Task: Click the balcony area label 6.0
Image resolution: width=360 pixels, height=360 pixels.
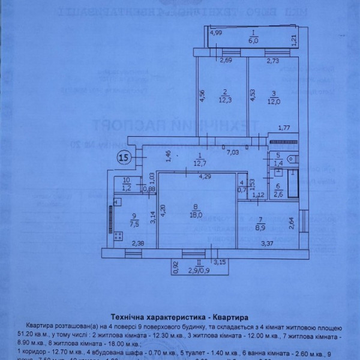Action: (254, 41)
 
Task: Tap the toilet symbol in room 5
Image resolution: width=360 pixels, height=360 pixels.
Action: (291, 159)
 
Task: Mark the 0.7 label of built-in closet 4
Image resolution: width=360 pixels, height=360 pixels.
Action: (242, 190)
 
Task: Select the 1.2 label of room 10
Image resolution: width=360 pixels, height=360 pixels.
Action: (126, 188)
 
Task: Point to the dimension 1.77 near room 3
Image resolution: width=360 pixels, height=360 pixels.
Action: (284, 127)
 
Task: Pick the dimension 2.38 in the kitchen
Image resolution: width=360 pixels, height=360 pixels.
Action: (137, 243)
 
